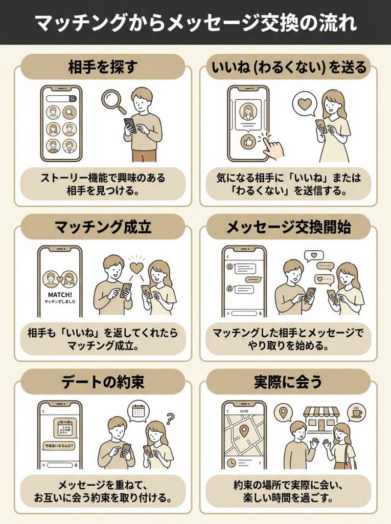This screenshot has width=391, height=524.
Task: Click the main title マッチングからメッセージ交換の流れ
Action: [195, 23]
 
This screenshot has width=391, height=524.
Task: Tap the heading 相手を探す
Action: [103, 67]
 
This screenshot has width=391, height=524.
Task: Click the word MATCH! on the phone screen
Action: [59, 295]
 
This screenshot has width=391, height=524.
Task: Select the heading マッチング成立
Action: [103, 227]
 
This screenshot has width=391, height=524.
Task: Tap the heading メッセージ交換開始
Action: [288, 227]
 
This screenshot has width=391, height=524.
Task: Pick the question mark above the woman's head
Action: [170, 416]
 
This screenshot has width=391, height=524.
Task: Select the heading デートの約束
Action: [103, 382]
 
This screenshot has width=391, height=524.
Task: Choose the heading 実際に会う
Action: [288, 382]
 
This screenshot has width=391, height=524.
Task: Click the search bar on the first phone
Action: [61, 99]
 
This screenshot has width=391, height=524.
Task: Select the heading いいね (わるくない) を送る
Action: [288, 67]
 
